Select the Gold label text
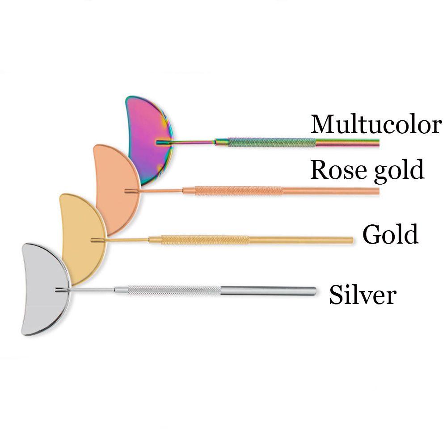(390, 234)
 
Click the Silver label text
(363, 295)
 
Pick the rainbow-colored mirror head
(145, 134)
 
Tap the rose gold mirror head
(112, 179)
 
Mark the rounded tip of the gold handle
(351, 240)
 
